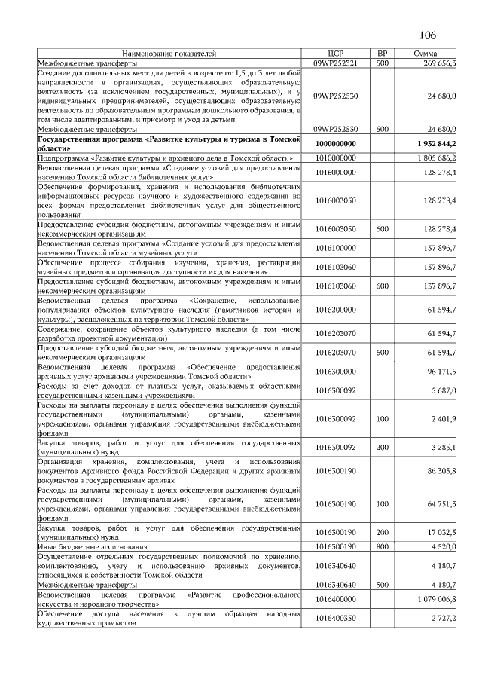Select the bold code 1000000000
click(x=336, y=143)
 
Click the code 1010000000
click(x=336, y=158)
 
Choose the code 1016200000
click(x=336, y=310)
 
